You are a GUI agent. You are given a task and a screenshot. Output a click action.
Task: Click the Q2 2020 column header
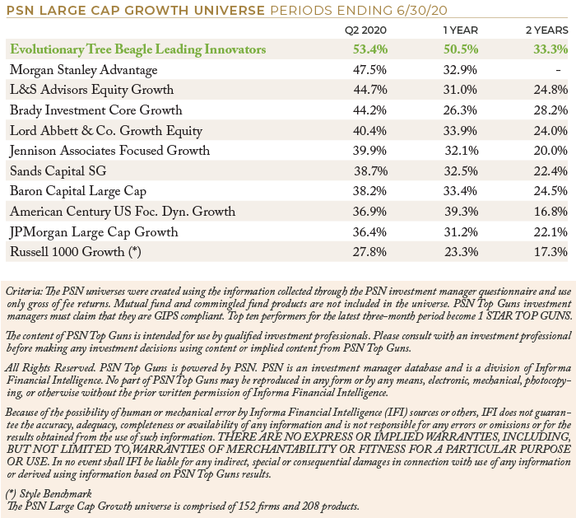[365, 30]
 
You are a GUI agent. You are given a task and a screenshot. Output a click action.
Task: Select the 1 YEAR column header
[461, 30]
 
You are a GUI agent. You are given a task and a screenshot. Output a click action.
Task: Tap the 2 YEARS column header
[547, 30]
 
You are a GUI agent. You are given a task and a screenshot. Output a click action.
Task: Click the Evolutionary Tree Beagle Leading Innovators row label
[137, 49]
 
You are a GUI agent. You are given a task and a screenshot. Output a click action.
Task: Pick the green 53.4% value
[370, 49]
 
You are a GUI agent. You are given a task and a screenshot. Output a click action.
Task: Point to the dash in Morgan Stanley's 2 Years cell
[559, 70]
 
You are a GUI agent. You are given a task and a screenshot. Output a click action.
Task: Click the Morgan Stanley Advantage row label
[83, 70]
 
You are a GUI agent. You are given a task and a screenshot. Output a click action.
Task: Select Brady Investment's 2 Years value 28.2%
[550, 110]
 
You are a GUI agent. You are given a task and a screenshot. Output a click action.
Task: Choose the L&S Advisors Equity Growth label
[91, 90]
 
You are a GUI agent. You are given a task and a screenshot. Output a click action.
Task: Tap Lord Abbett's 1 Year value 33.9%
[460, 130]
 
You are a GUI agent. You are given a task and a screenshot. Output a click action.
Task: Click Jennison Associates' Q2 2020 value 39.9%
[369, 151]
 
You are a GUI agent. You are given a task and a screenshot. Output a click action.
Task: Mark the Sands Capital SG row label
[58, 171]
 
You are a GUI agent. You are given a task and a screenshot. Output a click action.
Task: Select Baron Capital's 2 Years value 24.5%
[550, 191]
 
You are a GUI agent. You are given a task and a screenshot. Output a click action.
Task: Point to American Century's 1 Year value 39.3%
[462, 212]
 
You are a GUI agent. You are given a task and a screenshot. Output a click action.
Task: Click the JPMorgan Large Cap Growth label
[94, 232]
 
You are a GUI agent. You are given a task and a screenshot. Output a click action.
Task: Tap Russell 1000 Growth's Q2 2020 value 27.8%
[369, 252]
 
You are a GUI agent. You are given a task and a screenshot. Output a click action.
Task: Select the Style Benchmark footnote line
[49, 494]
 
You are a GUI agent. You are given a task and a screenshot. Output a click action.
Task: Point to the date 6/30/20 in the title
[422, 10]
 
